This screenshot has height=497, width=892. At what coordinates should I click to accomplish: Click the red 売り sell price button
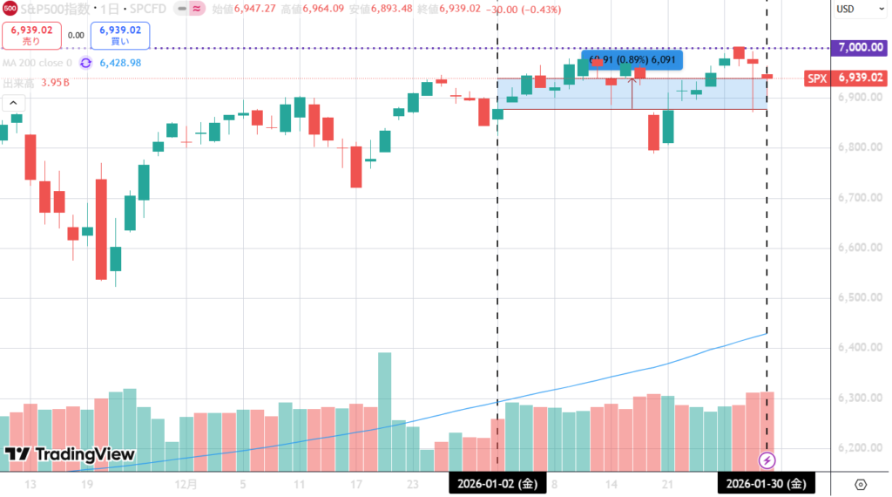(x=32, y=35)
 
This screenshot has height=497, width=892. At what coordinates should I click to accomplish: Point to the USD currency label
(x=845, y=10)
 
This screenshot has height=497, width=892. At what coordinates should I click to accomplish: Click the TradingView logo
(x=70, y=454)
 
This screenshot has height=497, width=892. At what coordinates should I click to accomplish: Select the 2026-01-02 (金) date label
(x=497, y=483)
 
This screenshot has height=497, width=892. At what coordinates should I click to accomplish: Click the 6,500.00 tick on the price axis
(x=855, y=298)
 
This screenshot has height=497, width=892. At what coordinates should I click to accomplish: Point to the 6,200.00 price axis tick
(x=855, y=448)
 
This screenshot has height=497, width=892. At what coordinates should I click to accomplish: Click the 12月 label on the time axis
(x=186, y=483)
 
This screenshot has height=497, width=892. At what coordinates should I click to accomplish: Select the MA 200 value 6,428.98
(x=120, y=63)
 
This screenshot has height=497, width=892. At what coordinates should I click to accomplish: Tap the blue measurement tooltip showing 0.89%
(x=632, y=60)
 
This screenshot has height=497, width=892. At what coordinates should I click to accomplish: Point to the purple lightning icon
(x=767, y=460)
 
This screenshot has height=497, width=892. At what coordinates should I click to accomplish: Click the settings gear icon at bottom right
(x=861, y=484)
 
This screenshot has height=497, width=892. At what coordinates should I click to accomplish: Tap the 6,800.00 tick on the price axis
(x=855, y=147)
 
